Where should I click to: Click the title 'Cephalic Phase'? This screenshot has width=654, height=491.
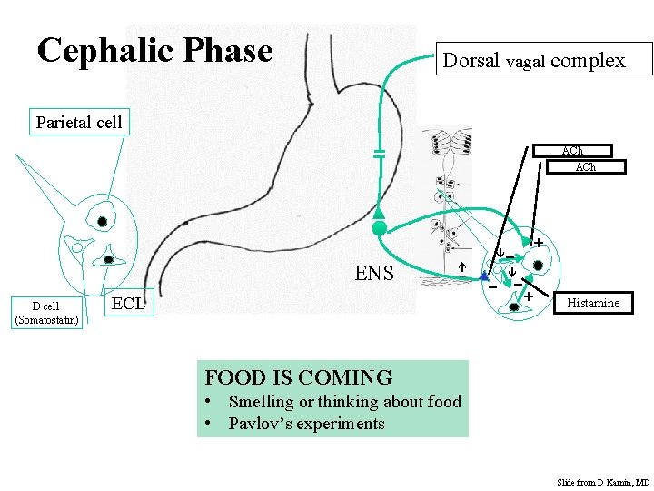click(x=155, y=50)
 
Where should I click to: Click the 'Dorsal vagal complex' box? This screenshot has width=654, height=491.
click(x=533, y=60)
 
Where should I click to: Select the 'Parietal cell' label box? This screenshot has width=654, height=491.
click(x=79, y=122)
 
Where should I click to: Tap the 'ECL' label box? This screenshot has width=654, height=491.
click(x=128, y=304)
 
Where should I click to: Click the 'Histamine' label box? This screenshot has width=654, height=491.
click(x=593, y=303)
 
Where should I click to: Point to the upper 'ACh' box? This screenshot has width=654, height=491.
click(x=572, y=151)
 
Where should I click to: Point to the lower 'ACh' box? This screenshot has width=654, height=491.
click(x=585, y=166)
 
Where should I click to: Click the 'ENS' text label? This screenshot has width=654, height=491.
click(x=374, y=272)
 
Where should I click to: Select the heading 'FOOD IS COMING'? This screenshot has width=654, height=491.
click(x=299, y=377)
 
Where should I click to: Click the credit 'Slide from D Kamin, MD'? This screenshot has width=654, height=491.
click(x=602, y=482)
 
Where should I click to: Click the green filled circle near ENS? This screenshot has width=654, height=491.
click(x=380, y=228)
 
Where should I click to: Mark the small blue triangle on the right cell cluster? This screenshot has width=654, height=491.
click(x=484, y=276)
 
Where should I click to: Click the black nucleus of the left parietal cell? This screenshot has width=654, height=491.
click(x=103, y=221)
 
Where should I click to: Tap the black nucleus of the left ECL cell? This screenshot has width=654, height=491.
click(x=108, y=259)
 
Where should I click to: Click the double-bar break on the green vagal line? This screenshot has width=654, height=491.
click(x=380, y=155)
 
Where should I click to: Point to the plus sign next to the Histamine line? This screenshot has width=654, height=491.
click(x=528, y=296)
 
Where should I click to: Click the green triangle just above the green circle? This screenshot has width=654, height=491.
click(x=380, y=213)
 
